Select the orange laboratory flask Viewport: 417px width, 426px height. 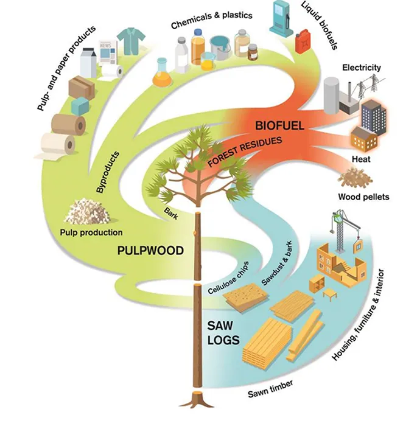[x=162, y=73]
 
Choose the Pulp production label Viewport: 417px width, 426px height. [x=91, y=232]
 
